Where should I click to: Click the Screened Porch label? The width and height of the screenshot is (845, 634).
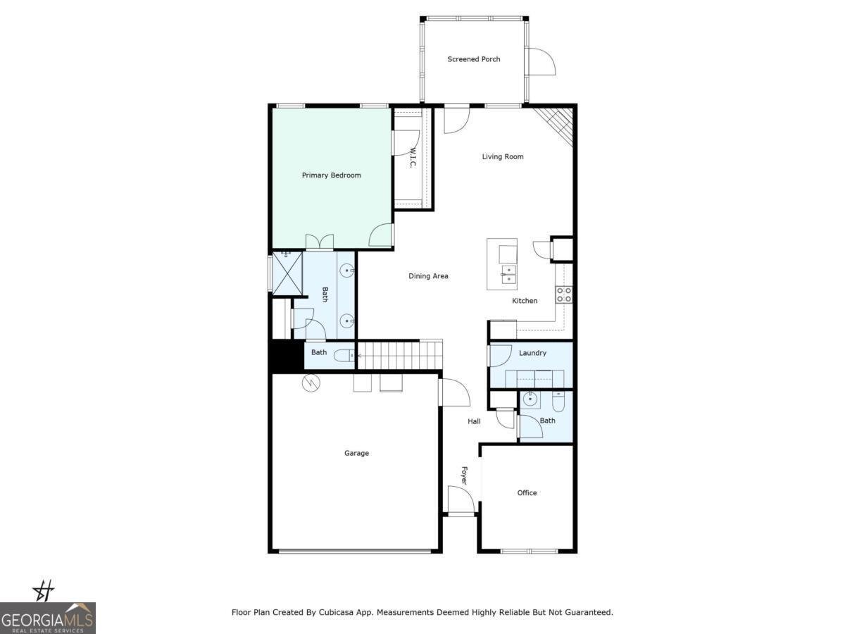coord(474,59)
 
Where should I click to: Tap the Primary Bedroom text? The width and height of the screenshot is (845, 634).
coord(331,175)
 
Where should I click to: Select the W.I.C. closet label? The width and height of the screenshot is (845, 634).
coord(412,158)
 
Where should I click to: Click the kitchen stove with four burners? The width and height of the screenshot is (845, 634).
coord(564,294)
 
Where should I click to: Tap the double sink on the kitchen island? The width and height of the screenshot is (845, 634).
coord(508,274)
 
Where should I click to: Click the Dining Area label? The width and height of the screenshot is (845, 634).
coord(428,276)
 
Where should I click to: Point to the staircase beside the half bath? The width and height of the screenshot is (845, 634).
coord(399,354)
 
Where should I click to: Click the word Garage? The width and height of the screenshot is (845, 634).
coord(356,453)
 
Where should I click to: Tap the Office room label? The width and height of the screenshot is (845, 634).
coord(527,493)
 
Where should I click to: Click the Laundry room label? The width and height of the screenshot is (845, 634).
coord(532,353)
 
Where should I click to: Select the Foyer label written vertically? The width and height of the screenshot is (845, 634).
coord(464,475)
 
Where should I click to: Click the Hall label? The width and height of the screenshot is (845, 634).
coord(474,421)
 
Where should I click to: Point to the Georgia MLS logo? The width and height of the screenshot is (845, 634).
coord(48,618)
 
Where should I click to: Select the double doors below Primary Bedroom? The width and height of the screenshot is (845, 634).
coord(319,242)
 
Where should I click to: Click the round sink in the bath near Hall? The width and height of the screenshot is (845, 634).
coord(530,399)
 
